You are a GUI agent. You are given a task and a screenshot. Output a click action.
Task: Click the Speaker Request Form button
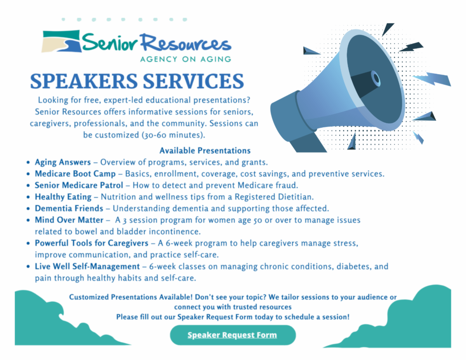point(233,335)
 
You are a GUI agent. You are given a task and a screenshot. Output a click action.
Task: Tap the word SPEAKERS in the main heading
point(84,81)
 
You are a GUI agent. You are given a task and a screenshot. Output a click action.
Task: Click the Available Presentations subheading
point(205,151)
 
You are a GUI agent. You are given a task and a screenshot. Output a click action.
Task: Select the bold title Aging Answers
point(63,162)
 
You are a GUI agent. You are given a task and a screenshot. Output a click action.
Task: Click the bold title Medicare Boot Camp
point(75,174)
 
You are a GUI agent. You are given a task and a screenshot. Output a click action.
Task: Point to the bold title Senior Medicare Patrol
point(79,185)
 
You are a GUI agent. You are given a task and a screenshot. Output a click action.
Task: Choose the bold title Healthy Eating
point(63,197)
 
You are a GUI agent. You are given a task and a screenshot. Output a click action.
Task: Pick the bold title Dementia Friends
point(69,209)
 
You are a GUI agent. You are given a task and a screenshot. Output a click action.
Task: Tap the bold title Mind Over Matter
point(69,220)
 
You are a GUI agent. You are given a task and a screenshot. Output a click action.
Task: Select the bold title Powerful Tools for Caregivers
point(92,243)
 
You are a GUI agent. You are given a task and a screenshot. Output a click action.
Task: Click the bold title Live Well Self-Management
point(87,266)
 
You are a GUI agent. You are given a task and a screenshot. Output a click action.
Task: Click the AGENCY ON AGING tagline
point(186,59)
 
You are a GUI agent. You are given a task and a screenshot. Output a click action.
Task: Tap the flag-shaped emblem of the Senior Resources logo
point(61,41)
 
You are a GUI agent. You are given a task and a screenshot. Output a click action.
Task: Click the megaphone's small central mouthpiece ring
point(376,78)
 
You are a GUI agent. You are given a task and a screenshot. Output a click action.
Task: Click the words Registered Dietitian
point(274,197)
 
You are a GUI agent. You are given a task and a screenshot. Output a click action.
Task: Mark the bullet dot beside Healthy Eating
point(28,197)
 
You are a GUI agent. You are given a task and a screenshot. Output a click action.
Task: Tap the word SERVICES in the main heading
point(193,81)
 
